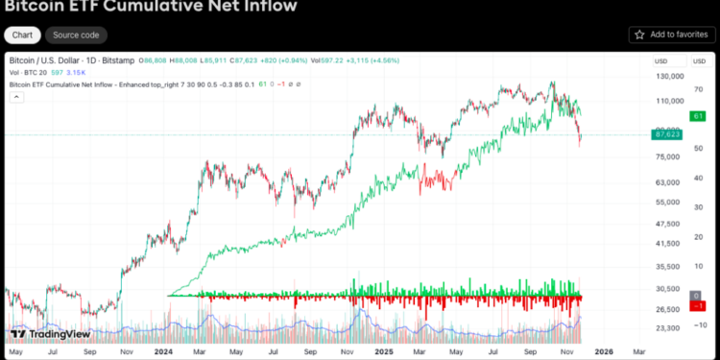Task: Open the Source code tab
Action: pos(76,35)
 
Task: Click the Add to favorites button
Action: pos(672,35)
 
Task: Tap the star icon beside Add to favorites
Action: pos(640,35)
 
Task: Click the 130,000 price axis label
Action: pos(668,76)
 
